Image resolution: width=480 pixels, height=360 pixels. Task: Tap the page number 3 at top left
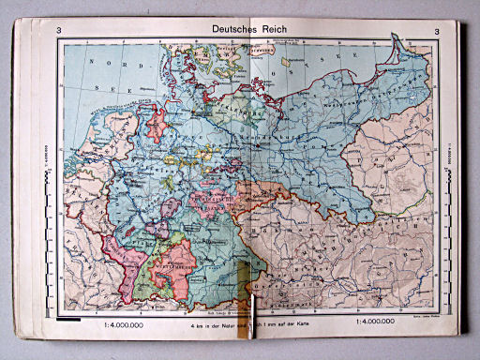click(60, 34)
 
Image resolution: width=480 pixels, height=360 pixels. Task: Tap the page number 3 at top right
click(436, 34)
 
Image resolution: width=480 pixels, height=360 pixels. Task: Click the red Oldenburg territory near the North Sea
click(157, 119)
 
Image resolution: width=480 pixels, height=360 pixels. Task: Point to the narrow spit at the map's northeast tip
click(398, 42)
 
